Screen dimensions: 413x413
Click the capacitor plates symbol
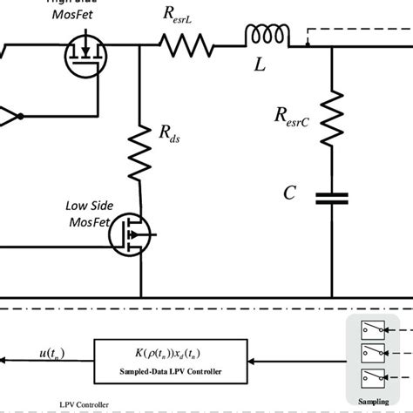[x=332, y=200]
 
